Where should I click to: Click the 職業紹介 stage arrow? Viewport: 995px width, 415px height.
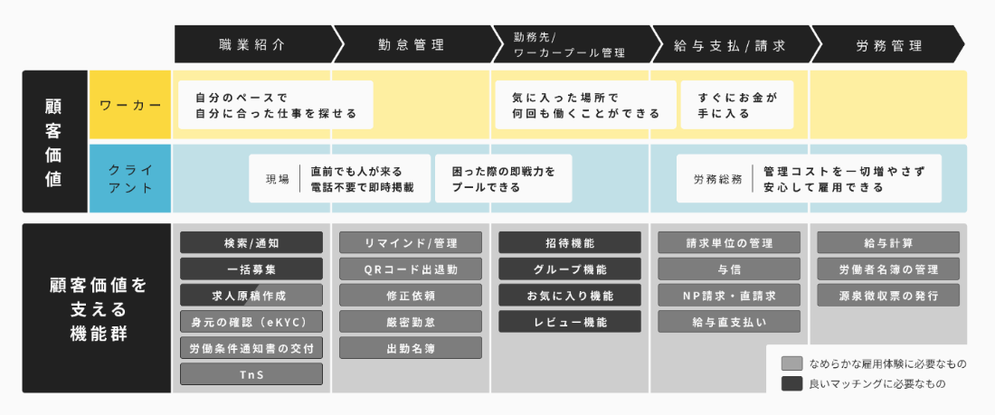pyautogui.click(x=251, y=44)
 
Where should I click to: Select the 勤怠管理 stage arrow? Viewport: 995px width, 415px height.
pyautogui.click(x=411, y=44)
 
